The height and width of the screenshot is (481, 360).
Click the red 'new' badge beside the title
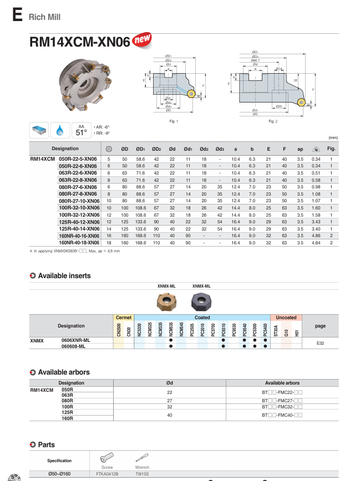pos(143,40)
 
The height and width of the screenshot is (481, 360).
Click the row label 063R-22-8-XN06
pos(78,180)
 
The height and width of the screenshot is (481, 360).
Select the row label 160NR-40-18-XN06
pos(78,242)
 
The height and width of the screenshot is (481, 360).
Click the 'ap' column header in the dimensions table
pos(300,149)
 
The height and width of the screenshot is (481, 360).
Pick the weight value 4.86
pos(316,236)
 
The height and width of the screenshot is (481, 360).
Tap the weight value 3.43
pos(316,222)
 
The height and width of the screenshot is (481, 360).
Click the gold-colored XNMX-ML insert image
pos(167,302)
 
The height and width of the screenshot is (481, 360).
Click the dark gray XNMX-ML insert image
pos(201,302)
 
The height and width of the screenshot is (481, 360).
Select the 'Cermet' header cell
pos(123,318)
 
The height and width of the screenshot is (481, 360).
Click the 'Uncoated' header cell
pos(286,318)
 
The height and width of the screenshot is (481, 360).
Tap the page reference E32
pos(320,344)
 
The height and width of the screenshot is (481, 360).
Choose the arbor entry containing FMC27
pos(282,400)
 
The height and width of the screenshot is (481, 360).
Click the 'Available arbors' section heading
pos(64,372)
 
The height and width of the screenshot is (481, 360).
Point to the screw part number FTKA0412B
pos(107,474)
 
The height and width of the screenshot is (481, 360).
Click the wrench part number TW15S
pos(142,474)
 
